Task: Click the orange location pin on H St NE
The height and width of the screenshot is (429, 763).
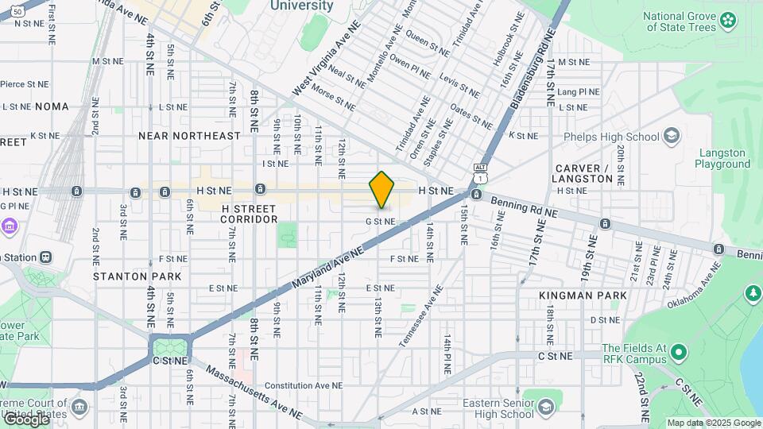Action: (381, 190)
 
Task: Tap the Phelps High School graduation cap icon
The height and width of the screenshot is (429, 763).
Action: (672, 137)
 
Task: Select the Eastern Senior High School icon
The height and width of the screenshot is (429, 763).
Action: (545, 408)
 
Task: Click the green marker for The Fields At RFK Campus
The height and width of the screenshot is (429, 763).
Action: (677, 351)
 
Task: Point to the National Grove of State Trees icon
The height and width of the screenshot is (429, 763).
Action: (728, 21)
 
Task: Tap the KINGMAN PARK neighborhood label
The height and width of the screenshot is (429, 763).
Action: (582, 296)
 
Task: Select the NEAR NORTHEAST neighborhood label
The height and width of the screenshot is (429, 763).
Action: (189, 136)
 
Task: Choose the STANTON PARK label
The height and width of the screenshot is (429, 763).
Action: (137, 276)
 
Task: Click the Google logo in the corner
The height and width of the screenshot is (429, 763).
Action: (27, 419)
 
